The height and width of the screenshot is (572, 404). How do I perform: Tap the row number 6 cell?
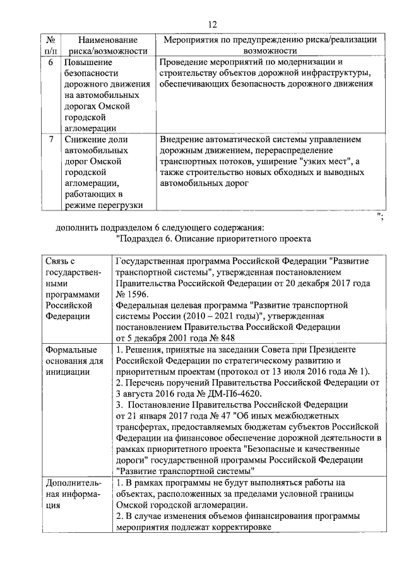(x=50, y=63)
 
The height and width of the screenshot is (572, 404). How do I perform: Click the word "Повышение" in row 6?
(x=88, y=63)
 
